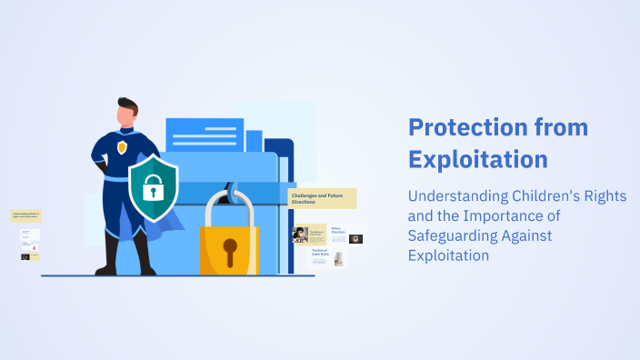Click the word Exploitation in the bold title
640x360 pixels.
478,159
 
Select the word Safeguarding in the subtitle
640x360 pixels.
450,236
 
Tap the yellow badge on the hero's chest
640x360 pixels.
121,147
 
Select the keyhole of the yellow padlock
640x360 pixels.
229,246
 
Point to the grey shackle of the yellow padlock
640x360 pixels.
228,204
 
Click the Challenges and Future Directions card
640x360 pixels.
322,198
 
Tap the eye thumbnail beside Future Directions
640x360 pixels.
356,239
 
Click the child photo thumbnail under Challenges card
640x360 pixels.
300,235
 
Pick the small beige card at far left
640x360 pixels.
25,216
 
